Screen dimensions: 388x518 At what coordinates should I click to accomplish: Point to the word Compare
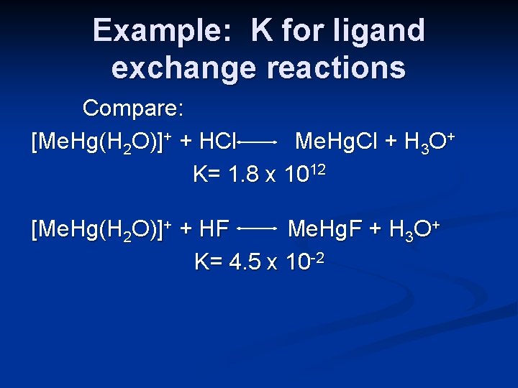(x=135, y=108)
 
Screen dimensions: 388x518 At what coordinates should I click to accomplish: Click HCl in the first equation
(x=217, y=142)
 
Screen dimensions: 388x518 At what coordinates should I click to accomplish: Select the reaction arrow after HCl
(x=258, y=143)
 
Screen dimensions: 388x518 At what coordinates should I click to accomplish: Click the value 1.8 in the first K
(x=244, y=175)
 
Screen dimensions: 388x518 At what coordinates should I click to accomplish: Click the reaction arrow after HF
(x=258, y=230)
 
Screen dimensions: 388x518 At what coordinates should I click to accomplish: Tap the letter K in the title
(x=262, y=31)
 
